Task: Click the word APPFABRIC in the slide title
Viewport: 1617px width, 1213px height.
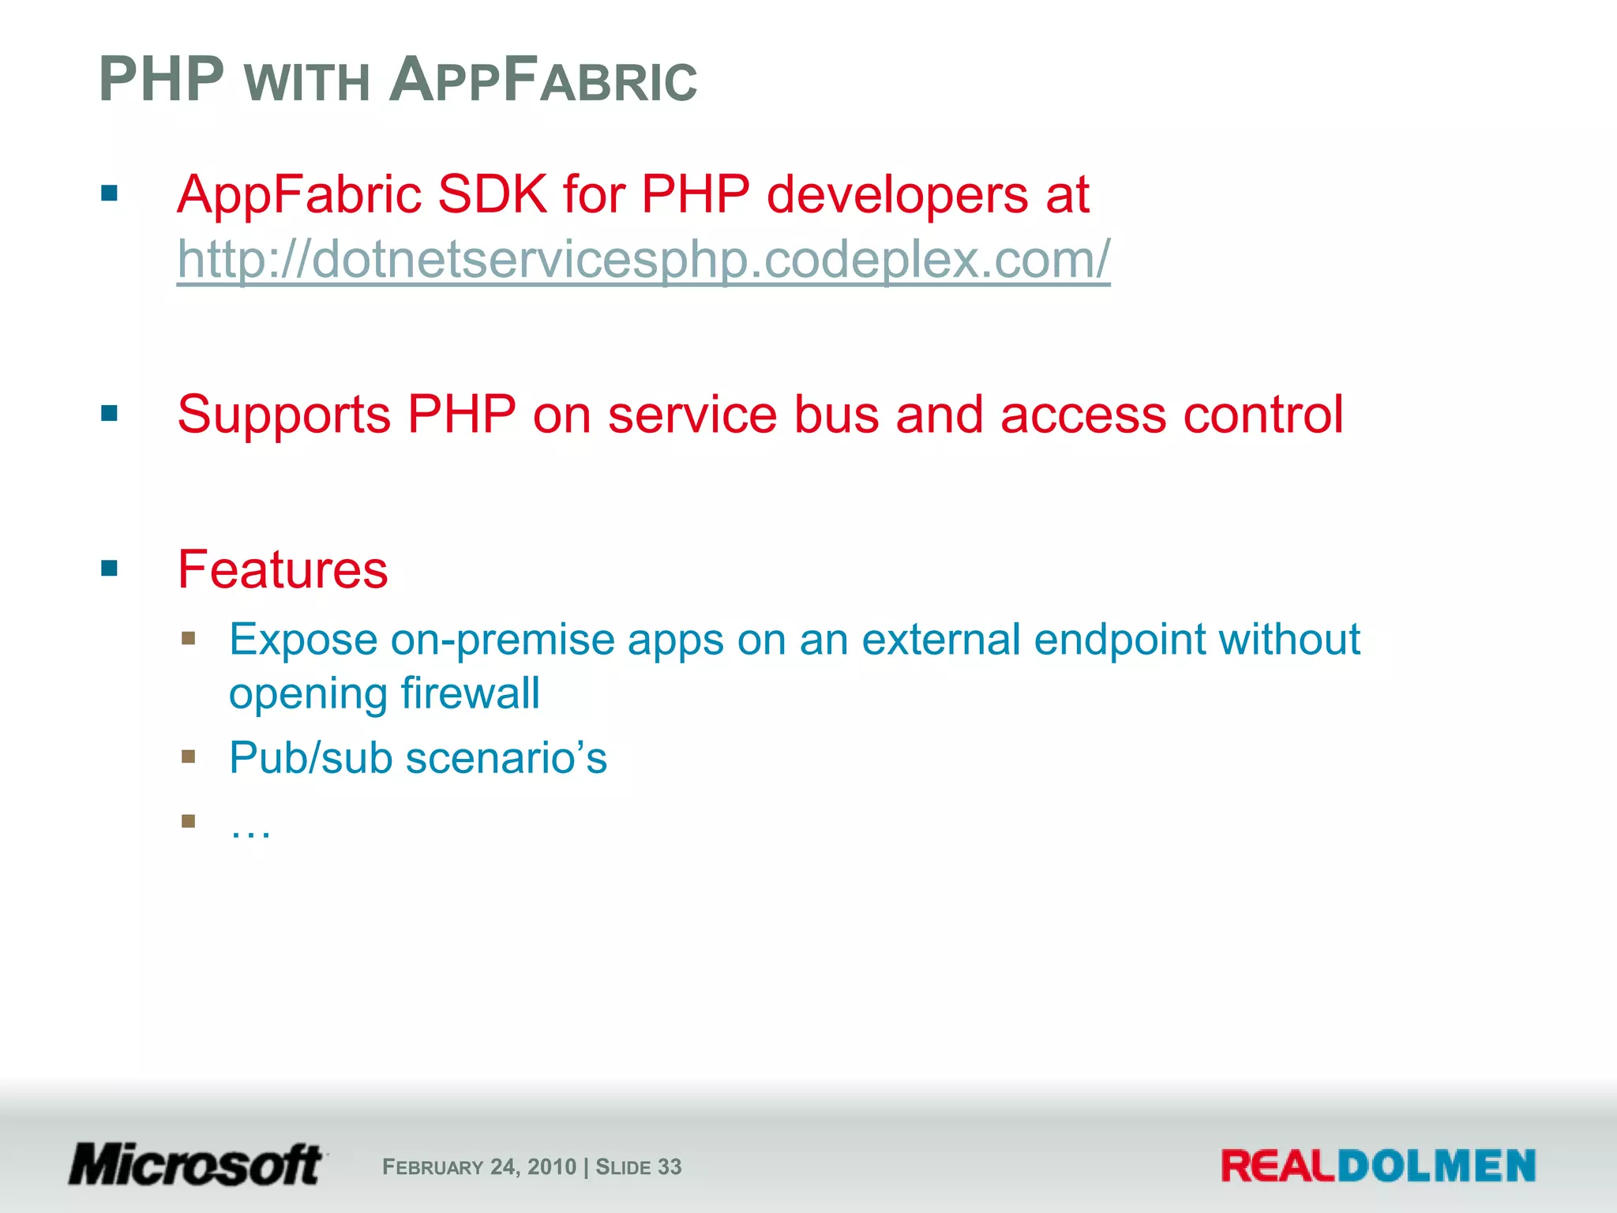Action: click(543, 81)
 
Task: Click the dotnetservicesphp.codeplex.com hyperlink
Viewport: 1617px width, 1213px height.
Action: click(643, 259)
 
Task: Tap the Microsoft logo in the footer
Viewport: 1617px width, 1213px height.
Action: click(196, 1165)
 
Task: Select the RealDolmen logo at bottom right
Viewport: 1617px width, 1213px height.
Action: click(1378, 1166)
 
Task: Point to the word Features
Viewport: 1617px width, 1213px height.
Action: click(283, 569)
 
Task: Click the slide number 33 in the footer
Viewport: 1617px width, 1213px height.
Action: click(670, 1167)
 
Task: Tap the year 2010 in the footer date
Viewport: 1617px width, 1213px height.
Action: click(552, 1167)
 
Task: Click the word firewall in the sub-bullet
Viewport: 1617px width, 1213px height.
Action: click(470, 693)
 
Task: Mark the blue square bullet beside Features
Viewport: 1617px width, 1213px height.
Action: click(109, 568)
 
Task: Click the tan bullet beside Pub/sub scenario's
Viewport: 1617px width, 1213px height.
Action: click(188, 757)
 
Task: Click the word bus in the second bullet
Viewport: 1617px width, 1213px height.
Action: click(835, 415)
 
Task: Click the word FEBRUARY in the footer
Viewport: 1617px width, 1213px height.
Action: click(433, 1167)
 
